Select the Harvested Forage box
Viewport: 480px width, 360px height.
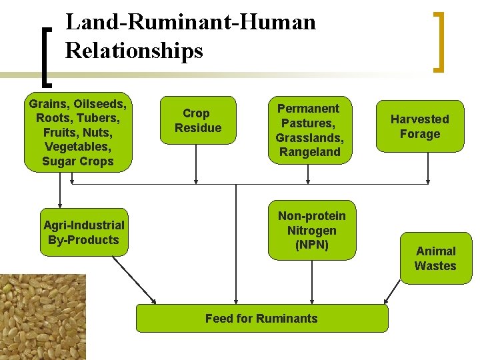(419, 127)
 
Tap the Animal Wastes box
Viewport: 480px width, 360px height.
(435, 258)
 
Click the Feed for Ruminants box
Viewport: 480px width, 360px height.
(261, 318)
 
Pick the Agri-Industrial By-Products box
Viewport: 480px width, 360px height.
(83, 232)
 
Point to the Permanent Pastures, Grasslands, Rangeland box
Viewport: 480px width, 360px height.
(309, 130)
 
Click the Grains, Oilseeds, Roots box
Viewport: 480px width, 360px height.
(77, 132)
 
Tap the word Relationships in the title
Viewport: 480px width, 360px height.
(134, 51)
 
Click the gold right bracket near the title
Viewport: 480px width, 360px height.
(439, 41)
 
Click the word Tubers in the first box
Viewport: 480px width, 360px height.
(100, 117)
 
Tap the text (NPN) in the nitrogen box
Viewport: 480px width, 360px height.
(311, 245)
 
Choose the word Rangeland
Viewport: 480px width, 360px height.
(309, 152)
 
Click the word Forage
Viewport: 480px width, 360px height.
(419, 134)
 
